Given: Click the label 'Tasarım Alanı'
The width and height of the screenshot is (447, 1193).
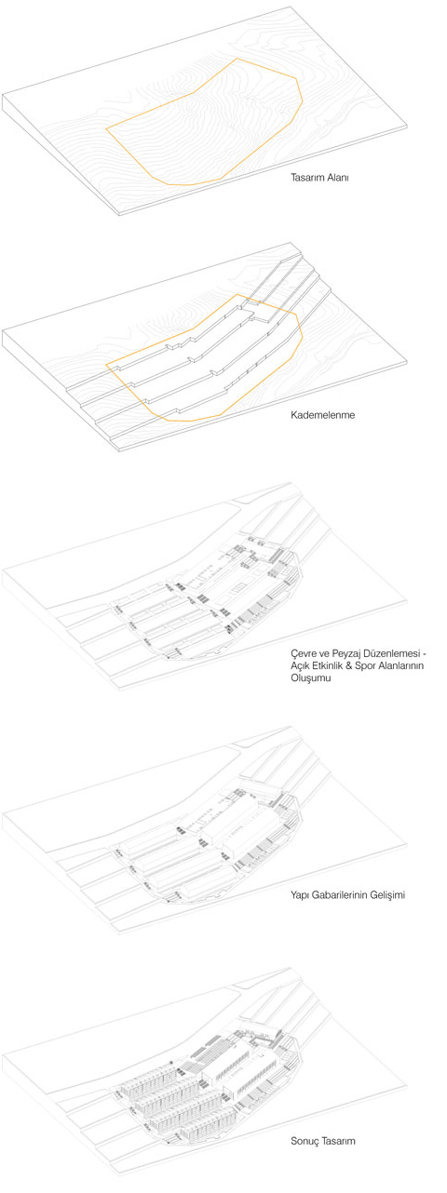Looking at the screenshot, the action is (319, 178).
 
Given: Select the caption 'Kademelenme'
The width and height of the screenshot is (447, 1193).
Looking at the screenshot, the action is (323, 414).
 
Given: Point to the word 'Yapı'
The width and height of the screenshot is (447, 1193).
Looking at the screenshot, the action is (300, 895).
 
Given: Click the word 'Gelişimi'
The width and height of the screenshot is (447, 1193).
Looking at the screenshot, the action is (387, 895).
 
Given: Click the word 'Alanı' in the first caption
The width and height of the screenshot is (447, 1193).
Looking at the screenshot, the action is (337, 178).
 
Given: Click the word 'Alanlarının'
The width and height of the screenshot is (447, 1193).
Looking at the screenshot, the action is (400, 665).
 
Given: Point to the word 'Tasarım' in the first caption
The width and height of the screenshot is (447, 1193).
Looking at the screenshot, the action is (305, 178).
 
